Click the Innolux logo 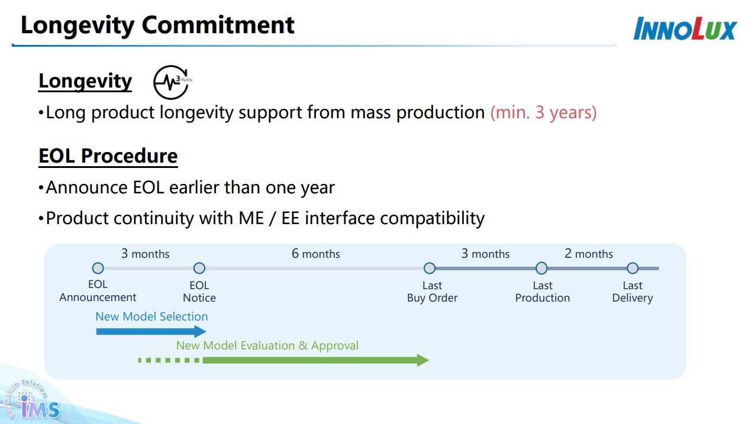pyautogui.click(x=685, y=28)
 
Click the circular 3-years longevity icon pyautogui.click(x=171, y=82)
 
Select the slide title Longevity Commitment pyautogui.click(x=157, y=25)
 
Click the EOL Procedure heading pyautogui.click(x=108, y=156)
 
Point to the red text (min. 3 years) pyautogui.click(x=543, y=112)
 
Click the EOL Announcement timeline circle pyautogui.click(x=98, y=268)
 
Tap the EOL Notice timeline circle pyautogui.click(x=199, y=268)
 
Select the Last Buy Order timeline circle pyautogui.click(x=430, y=268)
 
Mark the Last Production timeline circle pyautogui.click(x=541, y=268)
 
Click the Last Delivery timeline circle pyautogui.click(x=633, y=268)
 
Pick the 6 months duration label pyautogui.click(x=315, y=254)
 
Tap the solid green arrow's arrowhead pyautogui.click(x=422, y=360)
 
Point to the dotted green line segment pyautogui.click(x=169, y=360)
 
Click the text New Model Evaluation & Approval pyautogui.click(x=267, y=346)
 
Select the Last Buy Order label pyautogui.click(x=432, y=292)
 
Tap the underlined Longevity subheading pyautogui.click(x=85, y=81)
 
